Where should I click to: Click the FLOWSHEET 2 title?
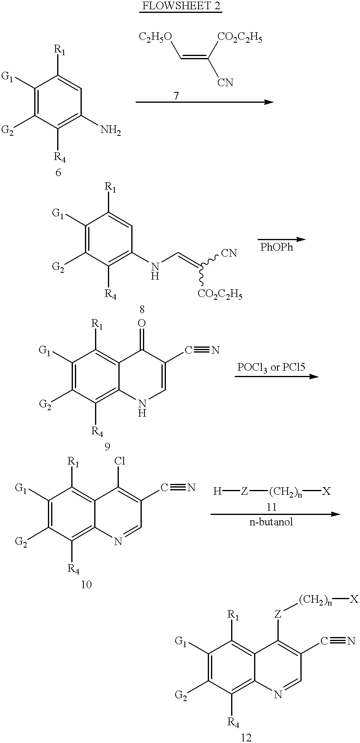click(180, 7)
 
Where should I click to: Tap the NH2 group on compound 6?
click(111, 130)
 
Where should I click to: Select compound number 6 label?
click(58, 173)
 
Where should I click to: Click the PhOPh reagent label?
click(277, 247)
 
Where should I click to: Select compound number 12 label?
click(246, 738)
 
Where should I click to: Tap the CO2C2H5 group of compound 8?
click(220, 295)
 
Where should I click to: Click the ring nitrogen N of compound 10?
click(118, 542)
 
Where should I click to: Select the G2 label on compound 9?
click(45, 405)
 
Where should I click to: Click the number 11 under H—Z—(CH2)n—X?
click(271, 506)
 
